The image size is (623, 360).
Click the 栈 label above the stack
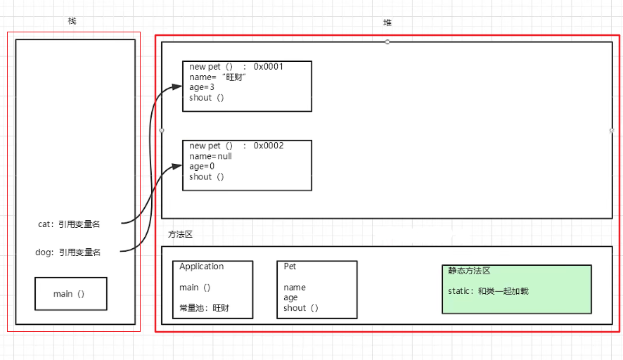coord(72,21)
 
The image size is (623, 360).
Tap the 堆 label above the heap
coord(387,22)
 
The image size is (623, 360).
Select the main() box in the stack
coord(70,294)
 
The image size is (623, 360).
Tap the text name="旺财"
coord(218,77)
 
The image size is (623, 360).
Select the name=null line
coord(210,156)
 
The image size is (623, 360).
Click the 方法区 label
coord(181,235)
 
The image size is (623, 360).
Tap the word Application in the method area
coord(201,267)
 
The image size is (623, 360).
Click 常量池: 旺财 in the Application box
coord(204,308)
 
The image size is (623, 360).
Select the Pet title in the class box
coord(290,267)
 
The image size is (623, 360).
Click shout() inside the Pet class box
coord(301,308)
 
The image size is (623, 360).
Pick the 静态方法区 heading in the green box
coord(469,271)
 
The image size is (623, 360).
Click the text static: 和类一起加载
coord(487,290)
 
